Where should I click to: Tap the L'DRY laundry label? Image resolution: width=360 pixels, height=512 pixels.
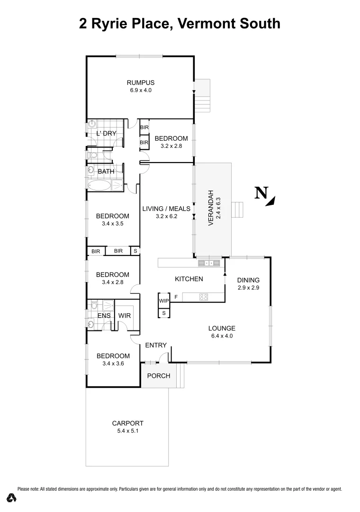(106, 134)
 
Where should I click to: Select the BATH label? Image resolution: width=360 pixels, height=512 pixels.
(105, 171)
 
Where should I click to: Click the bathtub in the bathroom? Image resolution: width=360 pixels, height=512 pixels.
(99, 185)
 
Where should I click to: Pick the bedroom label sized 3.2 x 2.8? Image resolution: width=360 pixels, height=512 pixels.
(171, 138)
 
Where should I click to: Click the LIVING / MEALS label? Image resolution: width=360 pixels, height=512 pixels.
(166, 209)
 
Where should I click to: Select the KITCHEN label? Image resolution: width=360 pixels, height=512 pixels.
(189, 279)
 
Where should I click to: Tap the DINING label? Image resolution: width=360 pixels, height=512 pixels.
(249, 280)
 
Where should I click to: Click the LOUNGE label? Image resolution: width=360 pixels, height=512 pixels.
(222, 328)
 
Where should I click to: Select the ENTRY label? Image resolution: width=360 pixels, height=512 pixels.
(156, 345)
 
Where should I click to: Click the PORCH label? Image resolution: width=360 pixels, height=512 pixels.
(158, 376)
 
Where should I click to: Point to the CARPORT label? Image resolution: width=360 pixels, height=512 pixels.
(127, 423)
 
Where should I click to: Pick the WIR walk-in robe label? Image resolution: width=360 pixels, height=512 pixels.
(125, 316)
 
